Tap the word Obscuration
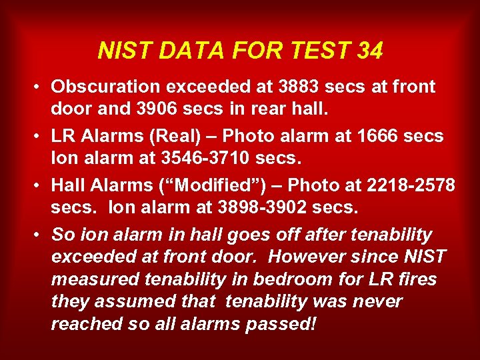[109, 87]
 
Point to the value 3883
[299, 87]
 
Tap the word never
[378, 301]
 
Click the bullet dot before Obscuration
[40, 87]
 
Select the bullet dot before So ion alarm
[40, 235]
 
